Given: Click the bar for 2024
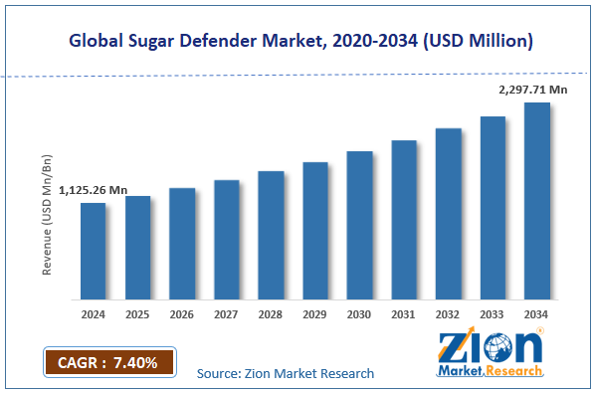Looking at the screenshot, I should tap(94, 251).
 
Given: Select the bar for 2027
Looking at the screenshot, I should tap(227, 240).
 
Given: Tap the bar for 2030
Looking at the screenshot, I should tap(359, 225).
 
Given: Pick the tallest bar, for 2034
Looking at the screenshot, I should tap(537, 201).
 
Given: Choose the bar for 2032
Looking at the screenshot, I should tap(448, 214).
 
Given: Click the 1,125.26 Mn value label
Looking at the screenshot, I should tap(94, 190).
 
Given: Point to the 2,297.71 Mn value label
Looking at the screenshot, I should tap(533, 90).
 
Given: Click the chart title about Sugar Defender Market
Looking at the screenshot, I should tap(296, 41).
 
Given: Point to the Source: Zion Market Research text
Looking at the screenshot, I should tap(286, 373).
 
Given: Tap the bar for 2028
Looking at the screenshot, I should tap(271, 235).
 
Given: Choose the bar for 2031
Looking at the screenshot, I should tap(404, 220).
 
